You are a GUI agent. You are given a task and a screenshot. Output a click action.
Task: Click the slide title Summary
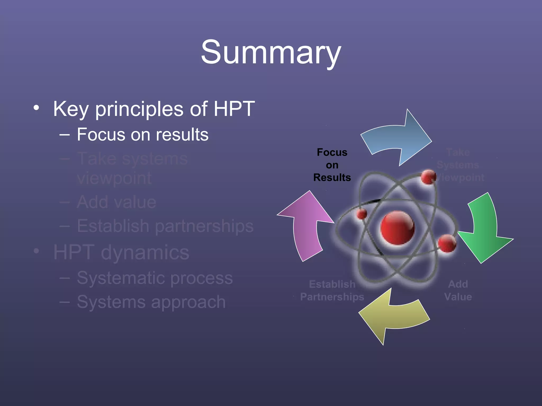tap(271, 52)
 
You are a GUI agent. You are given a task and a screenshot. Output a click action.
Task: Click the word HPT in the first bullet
tap(234, 109)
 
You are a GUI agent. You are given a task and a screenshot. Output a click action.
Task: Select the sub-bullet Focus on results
tap(142, 135)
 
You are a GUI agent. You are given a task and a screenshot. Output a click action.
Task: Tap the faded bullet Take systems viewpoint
tap(132, 168)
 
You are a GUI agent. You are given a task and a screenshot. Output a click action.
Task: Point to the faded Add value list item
tap(116, 202)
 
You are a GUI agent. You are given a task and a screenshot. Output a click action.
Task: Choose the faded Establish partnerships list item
tap(165, 226)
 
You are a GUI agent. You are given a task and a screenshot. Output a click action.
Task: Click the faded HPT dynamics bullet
tap(121, 252)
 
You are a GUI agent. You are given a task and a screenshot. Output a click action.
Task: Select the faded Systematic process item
tap(155, 278)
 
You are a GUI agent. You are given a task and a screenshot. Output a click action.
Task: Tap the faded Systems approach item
tap(151, 302)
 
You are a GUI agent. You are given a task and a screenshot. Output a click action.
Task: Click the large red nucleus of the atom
tap(397, 228)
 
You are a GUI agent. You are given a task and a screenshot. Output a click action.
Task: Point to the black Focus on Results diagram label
tap(332, 165)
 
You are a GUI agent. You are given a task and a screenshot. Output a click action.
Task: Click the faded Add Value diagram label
tap(458, 290)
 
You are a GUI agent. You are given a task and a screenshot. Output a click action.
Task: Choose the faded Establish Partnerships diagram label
tap(332, 290)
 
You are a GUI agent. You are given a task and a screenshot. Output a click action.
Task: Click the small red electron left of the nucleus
tap(362, 214)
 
